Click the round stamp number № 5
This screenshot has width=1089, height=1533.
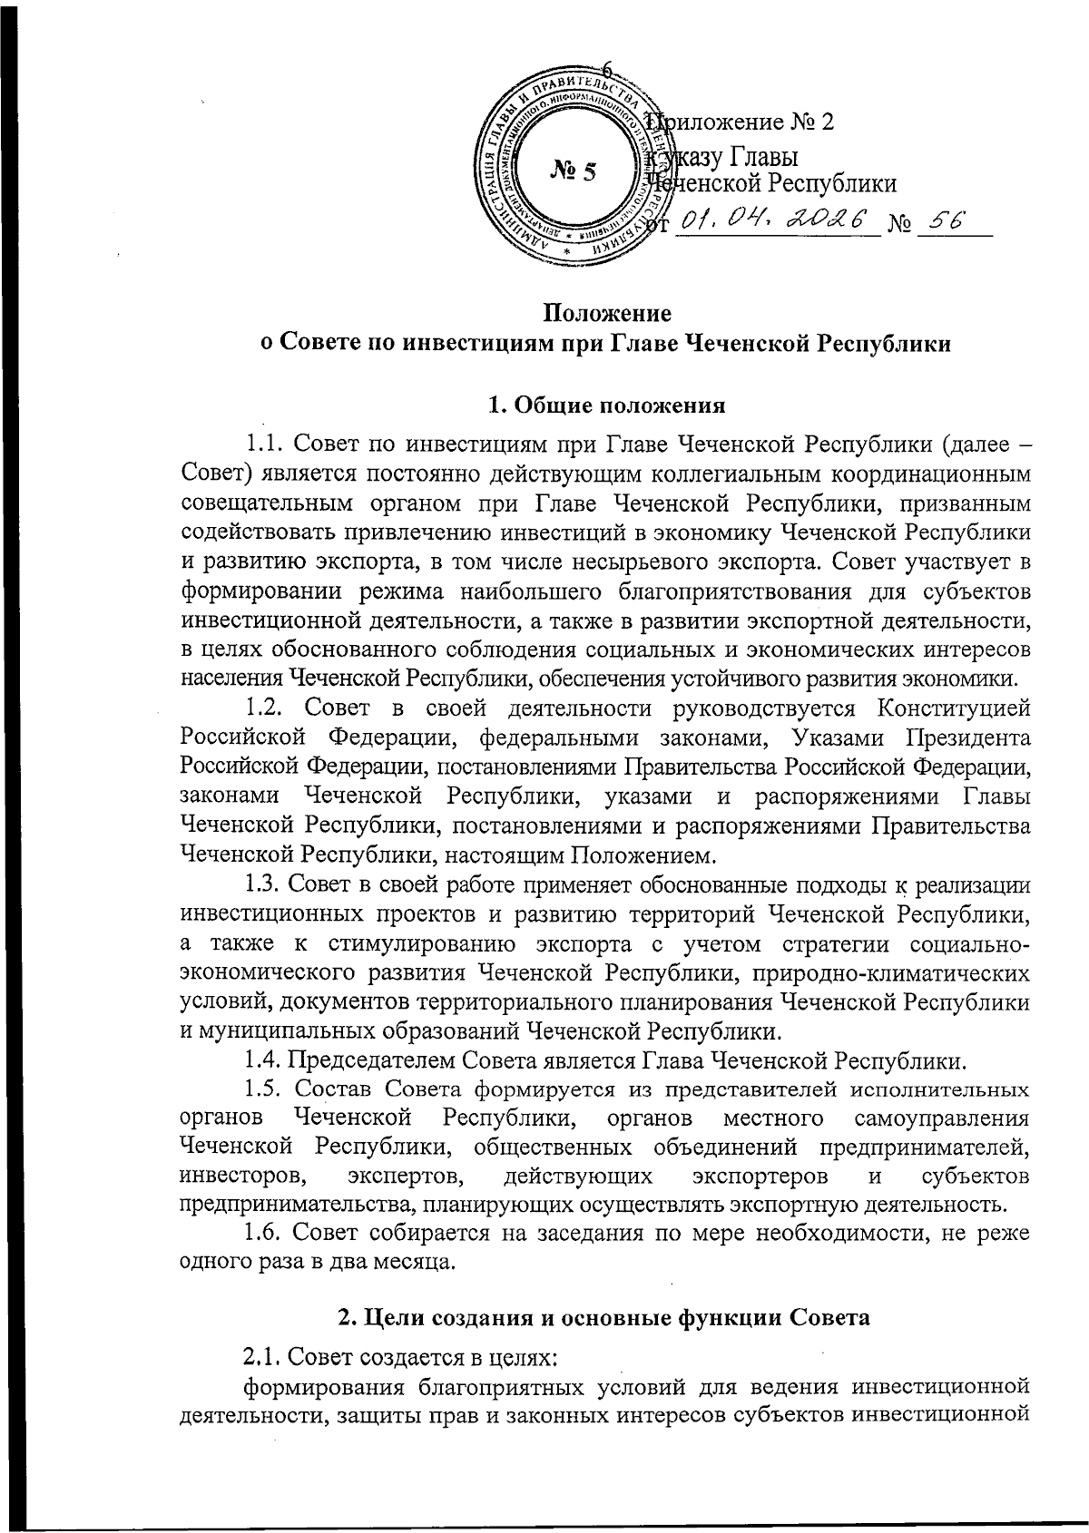573,171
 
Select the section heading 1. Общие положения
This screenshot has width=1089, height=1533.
606,405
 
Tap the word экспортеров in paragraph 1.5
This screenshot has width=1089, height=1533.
759,1177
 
